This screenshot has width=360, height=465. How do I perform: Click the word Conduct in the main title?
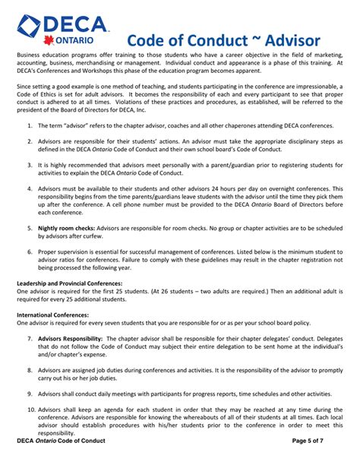click(201, 40)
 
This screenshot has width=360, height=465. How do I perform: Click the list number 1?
click(28, 123)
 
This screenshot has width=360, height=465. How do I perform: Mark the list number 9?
click(28, 394)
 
